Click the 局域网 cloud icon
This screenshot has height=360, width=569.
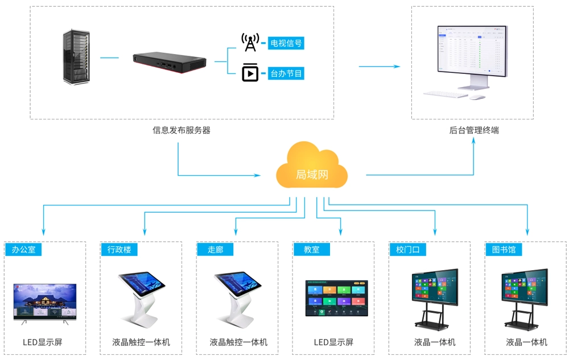(312, 167)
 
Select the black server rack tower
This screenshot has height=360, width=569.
(76, 57)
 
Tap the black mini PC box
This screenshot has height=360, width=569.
(169, 63)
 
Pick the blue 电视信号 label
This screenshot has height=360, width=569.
(286, 43)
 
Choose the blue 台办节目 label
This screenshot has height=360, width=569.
(286, 73)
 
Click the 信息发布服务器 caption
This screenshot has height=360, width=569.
(182, 130)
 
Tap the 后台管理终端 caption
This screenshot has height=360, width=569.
(474, 130)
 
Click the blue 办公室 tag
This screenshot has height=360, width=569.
(23, 249)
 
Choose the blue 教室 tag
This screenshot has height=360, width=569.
(311, 249)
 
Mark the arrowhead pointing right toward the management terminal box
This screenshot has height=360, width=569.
(397, 67)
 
